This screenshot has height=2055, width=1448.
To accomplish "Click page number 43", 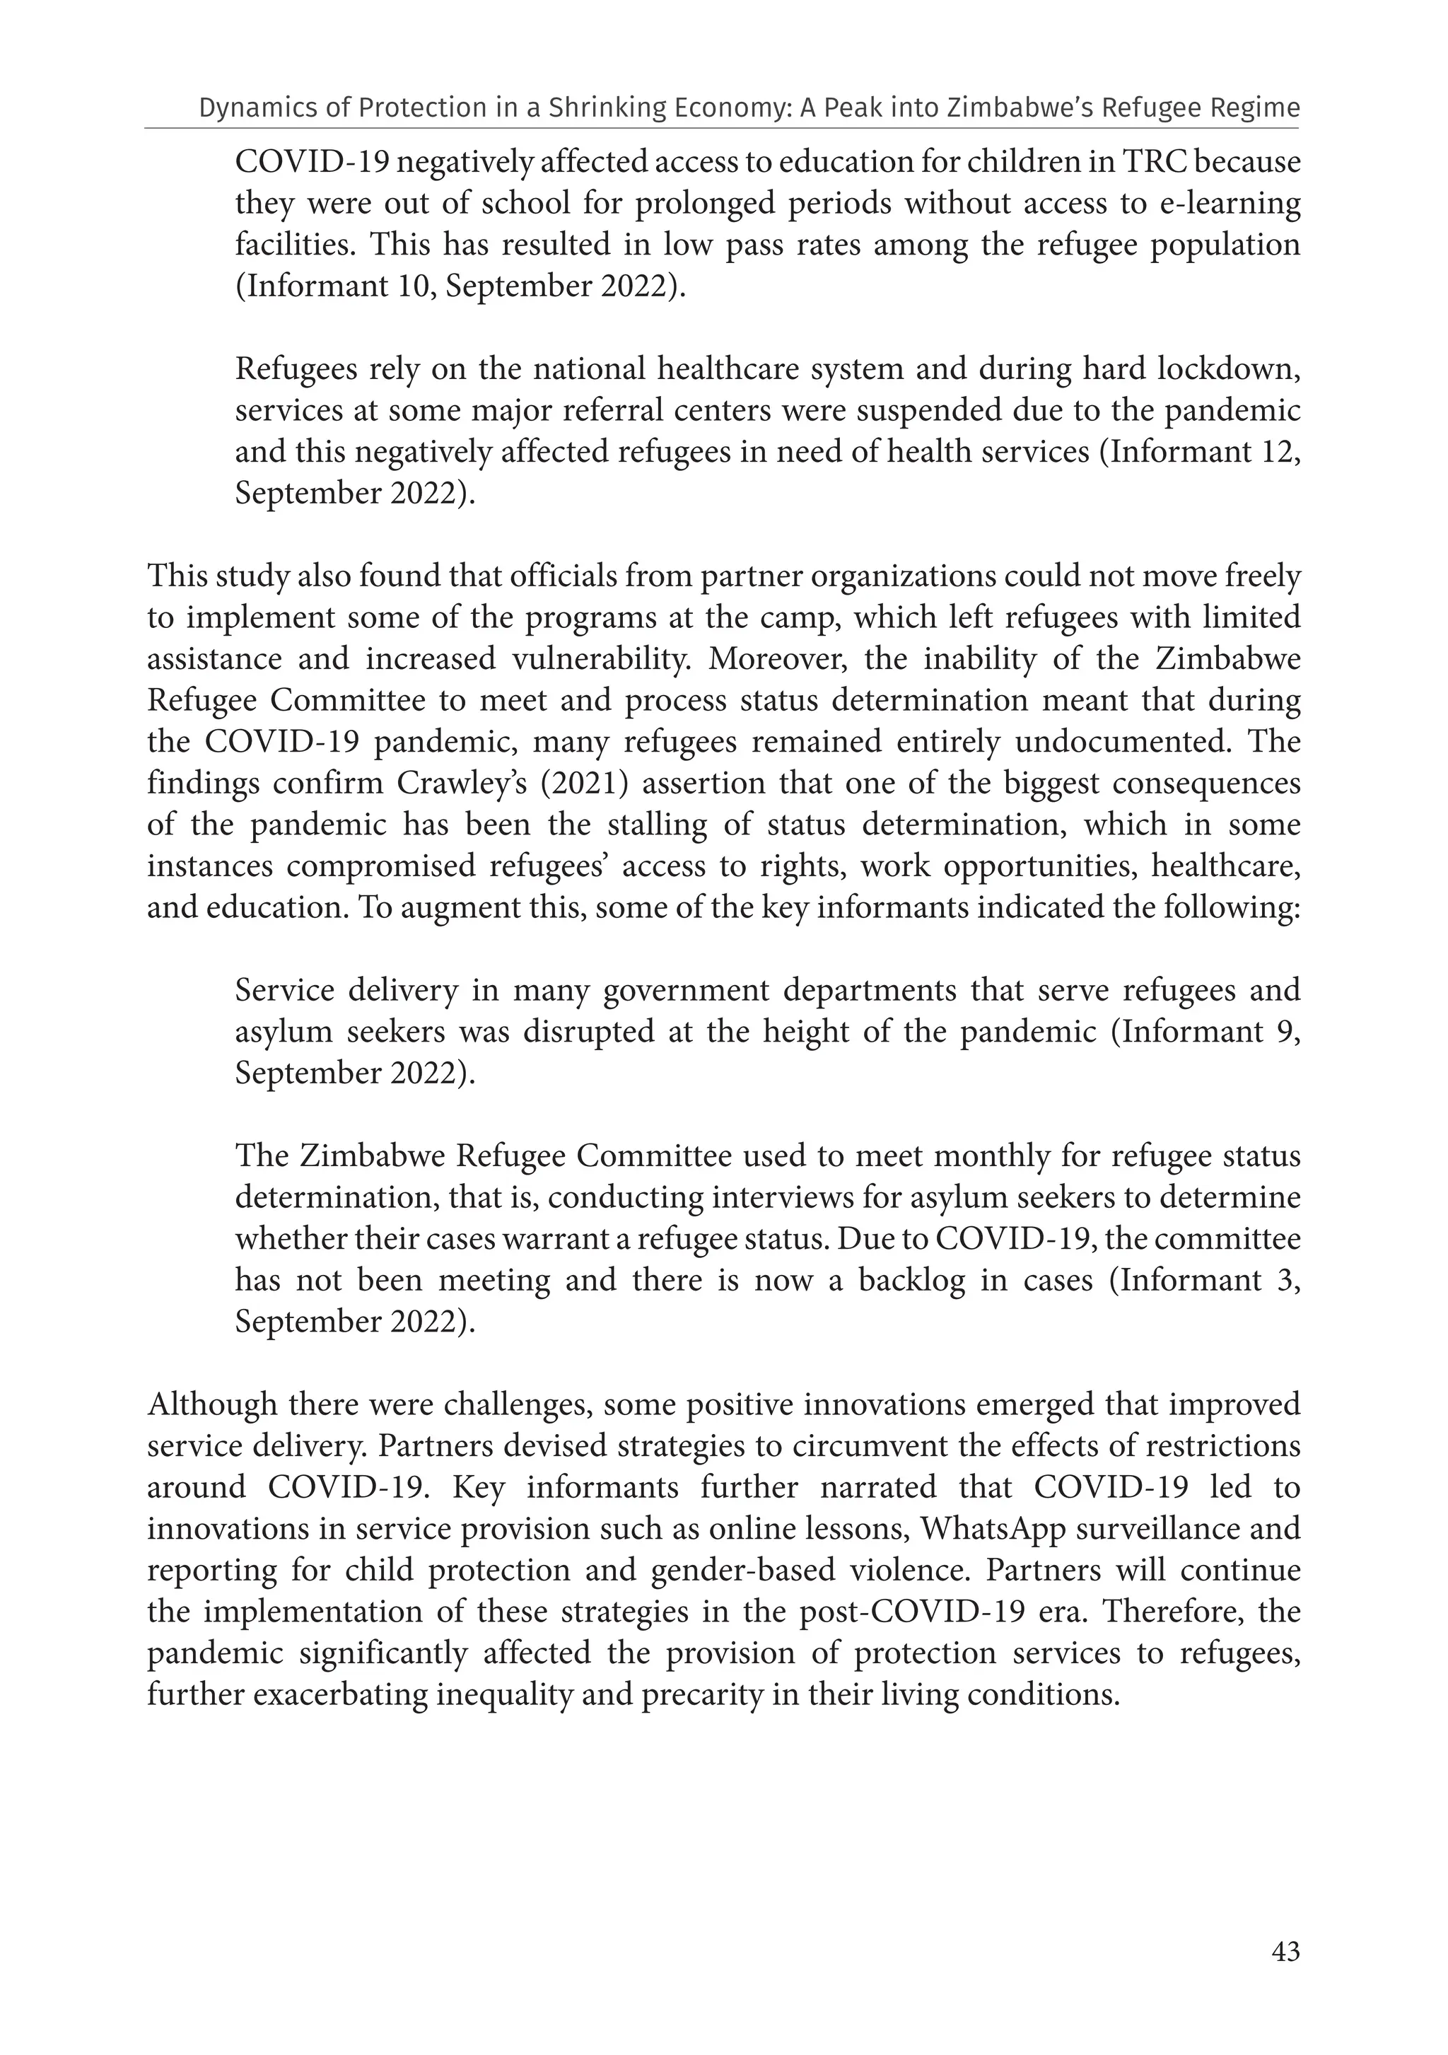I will pos(1285,1952).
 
